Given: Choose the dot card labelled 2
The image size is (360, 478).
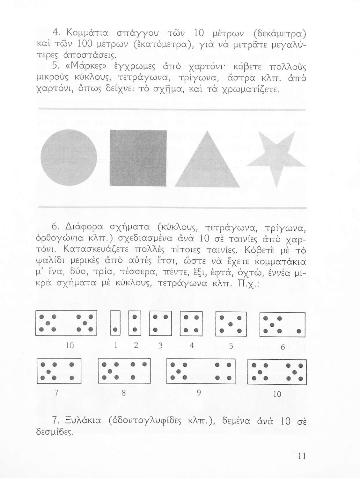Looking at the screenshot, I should click(135, 323).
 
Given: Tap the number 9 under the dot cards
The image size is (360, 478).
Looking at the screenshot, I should click(199, 393).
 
